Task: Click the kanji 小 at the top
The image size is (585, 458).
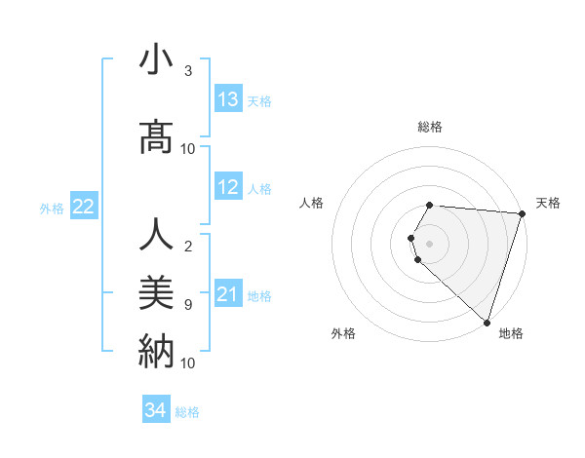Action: (156, 60)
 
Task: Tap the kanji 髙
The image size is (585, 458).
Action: (156, 138)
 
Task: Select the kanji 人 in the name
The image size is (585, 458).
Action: (156, 237)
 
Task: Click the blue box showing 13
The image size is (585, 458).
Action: (228, 99)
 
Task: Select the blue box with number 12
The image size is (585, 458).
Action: (228, 187)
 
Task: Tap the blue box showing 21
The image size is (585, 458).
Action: (228, 293)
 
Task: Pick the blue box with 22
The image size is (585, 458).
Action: (84, 207)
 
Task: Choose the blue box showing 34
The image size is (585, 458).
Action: (156, 410)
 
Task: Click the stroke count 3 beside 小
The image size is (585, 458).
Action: (188, 72)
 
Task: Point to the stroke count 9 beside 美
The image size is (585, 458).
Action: (188, 305)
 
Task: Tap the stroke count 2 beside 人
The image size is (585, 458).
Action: (188, 247)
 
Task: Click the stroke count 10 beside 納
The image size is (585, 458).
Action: (188, 363)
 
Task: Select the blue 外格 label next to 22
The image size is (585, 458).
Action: (52, 208)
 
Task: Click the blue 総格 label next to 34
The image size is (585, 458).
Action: (187, 412)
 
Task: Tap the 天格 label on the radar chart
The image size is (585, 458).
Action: (548, 203)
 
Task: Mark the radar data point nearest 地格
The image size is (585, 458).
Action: (487, 322)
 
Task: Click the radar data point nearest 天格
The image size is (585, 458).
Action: (522, 213)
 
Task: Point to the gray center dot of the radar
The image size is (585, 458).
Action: (429, 243)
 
